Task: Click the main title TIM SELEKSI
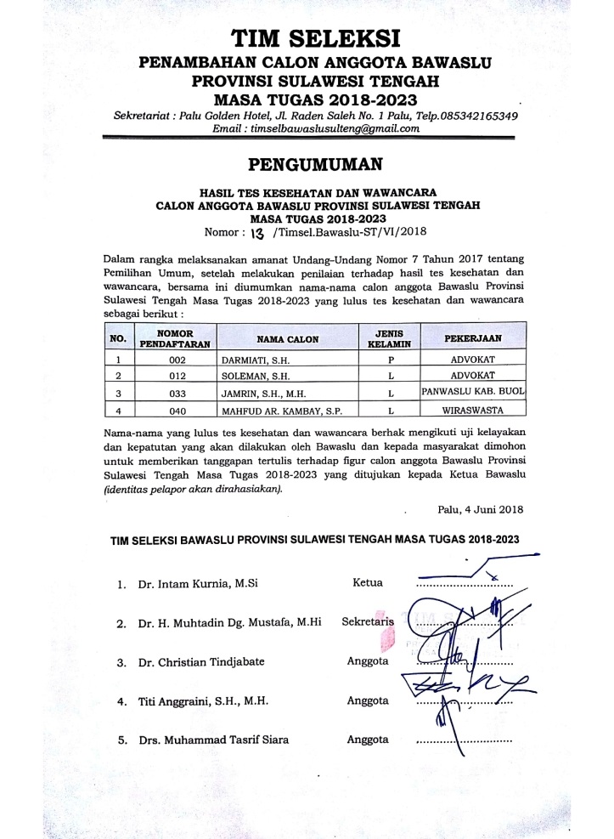click(314, 39)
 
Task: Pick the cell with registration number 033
click(177, 393)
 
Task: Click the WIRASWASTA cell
click(474, 411)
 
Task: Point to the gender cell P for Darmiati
click(388, 359)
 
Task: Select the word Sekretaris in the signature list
click(368, 622)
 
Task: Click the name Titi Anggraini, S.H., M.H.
click(203, 701)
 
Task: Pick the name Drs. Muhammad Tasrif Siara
click(213, 740)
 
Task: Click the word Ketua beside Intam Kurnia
click(367, 583)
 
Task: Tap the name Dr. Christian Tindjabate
click(201, 662)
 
